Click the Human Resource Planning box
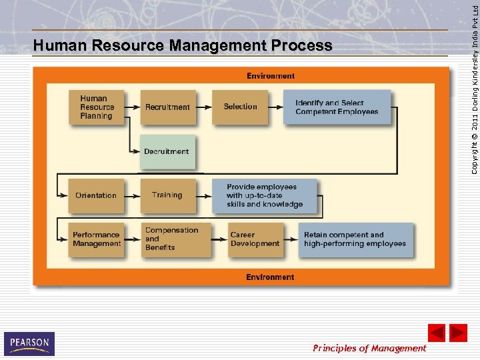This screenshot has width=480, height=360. click(x=96, y=107)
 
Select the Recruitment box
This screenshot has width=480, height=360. click(x=168, y=107)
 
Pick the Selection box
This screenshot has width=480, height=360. click(x=240, y=107)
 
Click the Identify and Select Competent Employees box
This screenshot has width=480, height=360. click(x=337, y=107)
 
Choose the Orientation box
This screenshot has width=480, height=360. click(x=96, y=195)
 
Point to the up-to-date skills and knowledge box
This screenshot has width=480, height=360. click(x=265, y=195)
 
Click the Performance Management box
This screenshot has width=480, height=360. click(x=96, y=239)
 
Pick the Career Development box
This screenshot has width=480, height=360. click(x=255, y=239)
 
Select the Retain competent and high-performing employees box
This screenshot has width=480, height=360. click(x=355, y=239)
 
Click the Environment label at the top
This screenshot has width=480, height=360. click(x=271, y=76)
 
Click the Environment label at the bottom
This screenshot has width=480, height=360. click(x=270, y=277)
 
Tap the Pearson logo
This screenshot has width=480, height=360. click(x=29, y=343)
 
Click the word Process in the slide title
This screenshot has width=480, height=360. click(x=301, y=46)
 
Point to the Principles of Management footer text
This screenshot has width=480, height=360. click(x=369, y=348)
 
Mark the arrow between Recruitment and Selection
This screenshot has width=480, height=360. click(x=204, y=107)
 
